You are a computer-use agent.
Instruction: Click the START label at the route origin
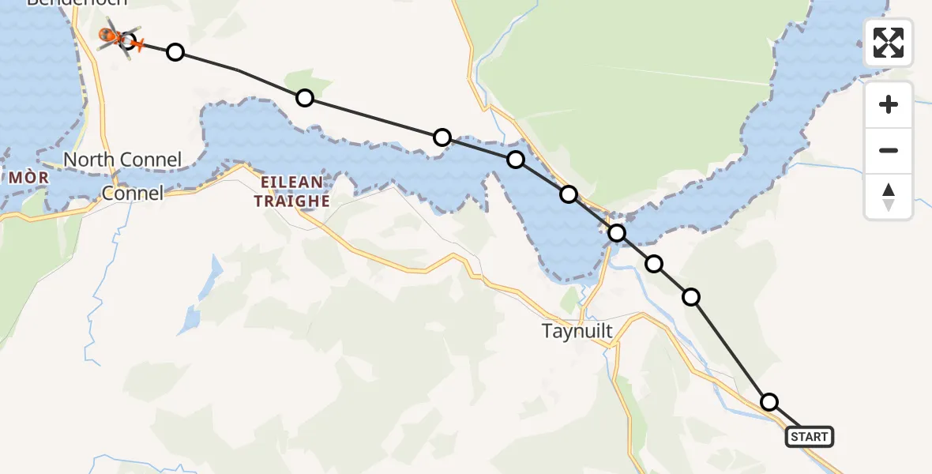point(810,436)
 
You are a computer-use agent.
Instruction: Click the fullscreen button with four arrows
point(889,43)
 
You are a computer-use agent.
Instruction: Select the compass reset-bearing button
point(889,197)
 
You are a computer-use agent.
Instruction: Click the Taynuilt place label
point(577,331)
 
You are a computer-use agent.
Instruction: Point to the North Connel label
point(122,160)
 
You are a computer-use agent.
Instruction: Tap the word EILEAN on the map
point(288,182)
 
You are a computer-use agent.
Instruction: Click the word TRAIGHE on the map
point(291,201)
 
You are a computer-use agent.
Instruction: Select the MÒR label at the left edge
point(29,178)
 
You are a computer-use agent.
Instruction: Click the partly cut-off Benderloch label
point(66,2)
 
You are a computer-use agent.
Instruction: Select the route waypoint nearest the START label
point(769,402)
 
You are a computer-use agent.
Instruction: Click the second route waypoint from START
point(691,297)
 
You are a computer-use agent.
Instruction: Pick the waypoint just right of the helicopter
point(175,52)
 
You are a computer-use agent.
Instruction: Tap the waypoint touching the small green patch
point(305,98)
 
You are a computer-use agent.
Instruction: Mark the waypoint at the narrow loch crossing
point(617,233)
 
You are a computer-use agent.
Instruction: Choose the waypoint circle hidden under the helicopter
point(127,40)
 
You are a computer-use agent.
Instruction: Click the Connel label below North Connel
point(133,193)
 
